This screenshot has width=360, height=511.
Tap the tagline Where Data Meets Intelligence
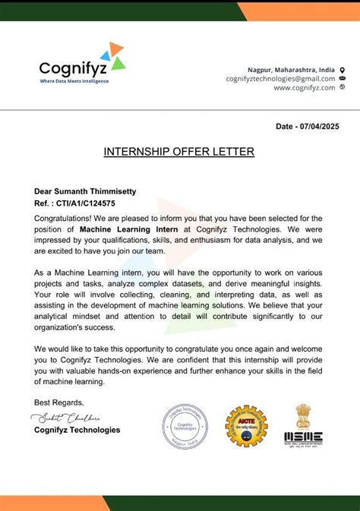click(x=74, y=81)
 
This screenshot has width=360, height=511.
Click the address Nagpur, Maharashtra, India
click(x=291, y=69)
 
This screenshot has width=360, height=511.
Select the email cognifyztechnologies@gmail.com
click(x=280, y=78)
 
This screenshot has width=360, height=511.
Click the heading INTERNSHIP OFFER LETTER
click(x=179, y=152)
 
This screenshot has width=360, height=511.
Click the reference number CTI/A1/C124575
click(x=87, y=203)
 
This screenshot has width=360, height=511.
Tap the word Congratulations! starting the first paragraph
click(x=64, y=218)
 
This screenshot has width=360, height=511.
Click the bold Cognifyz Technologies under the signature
click(x=77, y=430)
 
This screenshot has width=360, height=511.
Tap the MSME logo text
click(x=303, y=437)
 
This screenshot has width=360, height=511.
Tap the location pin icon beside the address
click(x=343, y=69)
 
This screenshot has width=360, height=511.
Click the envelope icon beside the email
click(x=343, y=78)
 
